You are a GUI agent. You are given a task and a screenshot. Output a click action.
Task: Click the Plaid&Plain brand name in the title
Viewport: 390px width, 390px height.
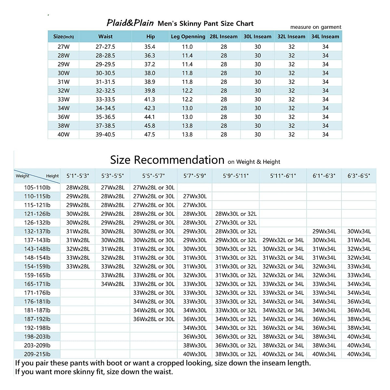[130, 23]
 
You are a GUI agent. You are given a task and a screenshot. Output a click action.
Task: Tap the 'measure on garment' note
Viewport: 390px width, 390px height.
[316, 27]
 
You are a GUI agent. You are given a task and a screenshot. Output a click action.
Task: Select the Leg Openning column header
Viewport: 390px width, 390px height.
[188, 37]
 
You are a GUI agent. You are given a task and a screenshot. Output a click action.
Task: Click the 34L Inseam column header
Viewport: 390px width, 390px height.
[325, 37]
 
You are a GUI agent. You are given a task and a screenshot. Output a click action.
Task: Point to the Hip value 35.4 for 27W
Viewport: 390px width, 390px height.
[150, 47]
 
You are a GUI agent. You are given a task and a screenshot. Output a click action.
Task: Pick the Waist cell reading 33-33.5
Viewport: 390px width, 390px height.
[105, 99]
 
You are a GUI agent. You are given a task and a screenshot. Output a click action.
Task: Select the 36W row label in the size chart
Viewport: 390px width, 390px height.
[63, 117]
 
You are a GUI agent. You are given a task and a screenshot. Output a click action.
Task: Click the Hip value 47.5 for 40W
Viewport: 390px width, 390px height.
[150, 135]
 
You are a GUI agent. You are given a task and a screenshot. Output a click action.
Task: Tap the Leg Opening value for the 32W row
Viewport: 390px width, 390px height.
[187, 91]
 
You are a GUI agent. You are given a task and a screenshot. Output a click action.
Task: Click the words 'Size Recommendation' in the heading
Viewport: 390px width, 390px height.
[167, 160]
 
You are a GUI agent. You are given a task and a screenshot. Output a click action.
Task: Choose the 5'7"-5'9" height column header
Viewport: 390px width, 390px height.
[195, 176]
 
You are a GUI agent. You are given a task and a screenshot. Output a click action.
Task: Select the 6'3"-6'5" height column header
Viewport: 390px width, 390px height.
[359, 176]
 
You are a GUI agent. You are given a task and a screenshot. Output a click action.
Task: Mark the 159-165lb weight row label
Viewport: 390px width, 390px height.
[37, 275]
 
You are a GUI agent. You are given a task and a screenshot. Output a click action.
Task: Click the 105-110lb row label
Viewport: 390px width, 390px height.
[37, 188]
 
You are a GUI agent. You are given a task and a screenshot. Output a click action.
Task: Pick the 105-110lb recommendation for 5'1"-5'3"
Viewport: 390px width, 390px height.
[78, 188]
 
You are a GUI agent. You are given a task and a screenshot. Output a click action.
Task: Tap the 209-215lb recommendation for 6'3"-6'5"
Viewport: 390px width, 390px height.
[359, 354]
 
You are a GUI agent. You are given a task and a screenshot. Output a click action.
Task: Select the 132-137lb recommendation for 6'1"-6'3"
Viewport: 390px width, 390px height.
[324, 231]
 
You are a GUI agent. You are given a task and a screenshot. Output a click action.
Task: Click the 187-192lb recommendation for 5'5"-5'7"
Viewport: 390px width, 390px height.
[154, 319]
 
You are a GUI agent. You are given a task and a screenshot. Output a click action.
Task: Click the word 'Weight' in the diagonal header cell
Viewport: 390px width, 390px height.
[22, 176]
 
